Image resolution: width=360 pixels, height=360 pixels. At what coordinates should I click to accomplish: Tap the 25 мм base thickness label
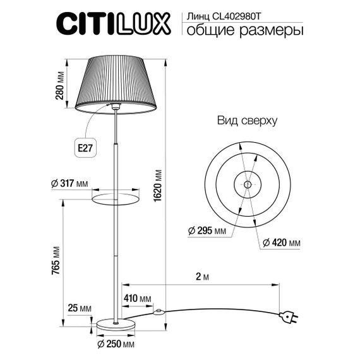click(x=80, y=308)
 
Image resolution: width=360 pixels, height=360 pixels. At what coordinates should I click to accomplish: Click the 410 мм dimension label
click(x=137, y=298)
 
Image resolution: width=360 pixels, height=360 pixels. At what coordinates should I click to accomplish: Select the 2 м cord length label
click(x=203, y=276)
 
